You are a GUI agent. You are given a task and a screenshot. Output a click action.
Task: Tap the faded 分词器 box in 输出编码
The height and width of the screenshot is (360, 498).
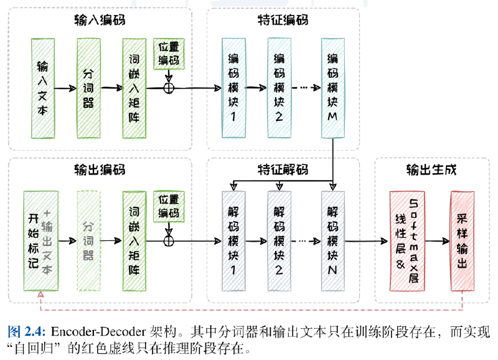point(88,241)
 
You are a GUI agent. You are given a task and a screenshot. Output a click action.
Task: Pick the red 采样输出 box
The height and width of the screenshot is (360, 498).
point(463,241)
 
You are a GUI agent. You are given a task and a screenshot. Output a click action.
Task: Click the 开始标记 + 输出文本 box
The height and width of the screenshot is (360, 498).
point(40,241)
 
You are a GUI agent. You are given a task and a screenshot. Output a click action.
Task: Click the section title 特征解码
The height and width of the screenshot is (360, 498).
point(283,170)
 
